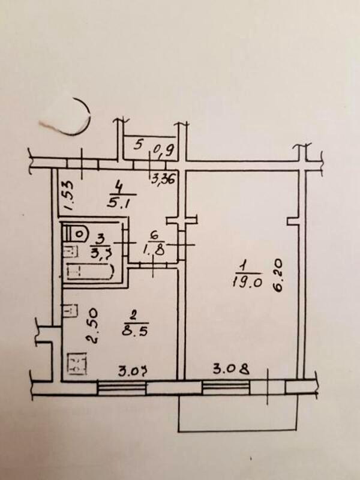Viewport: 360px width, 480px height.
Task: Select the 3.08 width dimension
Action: point(230,367)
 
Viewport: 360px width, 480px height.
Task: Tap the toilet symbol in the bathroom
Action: point(77,232)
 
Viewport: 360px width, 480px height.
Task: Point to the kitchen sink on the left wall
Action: point(71,310)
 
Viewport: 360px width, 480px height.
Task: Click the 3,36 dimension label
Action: point(161,178)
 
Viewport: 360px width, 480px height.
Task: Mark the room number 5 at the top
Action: point(139,145)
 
